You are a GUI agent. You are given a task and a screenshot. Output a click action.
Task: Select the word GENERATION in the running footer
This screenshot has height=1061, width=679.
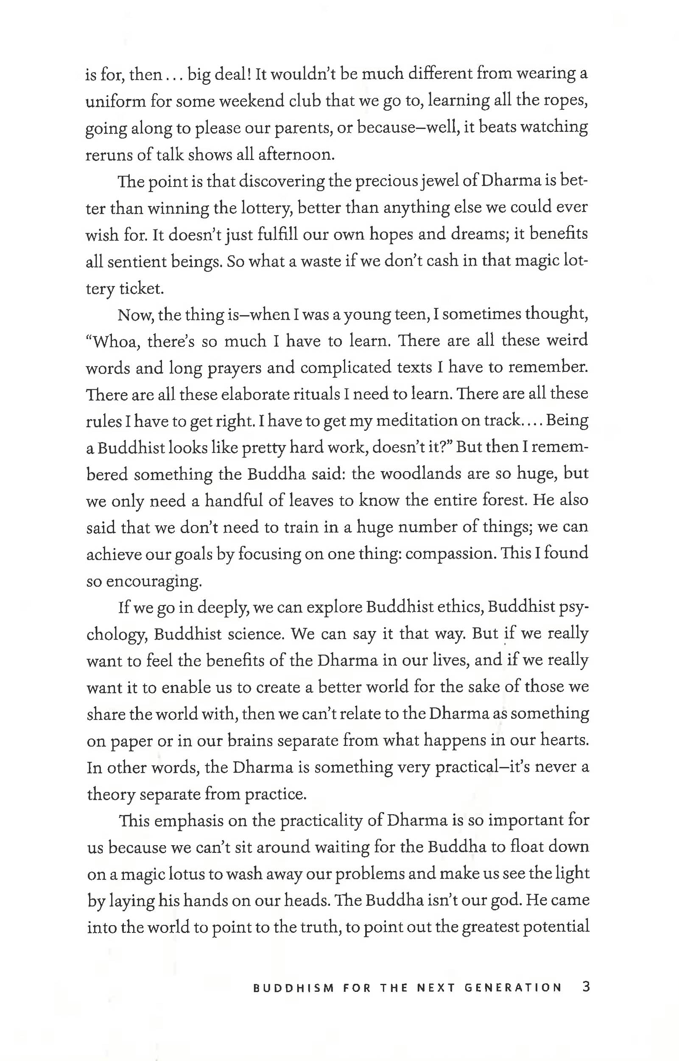click(x=513, y=988)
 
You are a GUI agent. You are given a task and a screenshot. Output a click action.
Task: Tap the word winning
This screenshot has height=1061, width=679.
click(x=178, y=208)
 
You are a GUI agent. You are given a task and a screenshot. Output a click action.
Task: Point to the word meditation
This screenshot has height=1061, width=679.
click(x=410, y=421)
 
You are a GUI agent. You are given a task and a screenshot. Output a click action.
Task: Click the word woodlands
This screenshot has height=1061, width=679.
click(x=413, y=474)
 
